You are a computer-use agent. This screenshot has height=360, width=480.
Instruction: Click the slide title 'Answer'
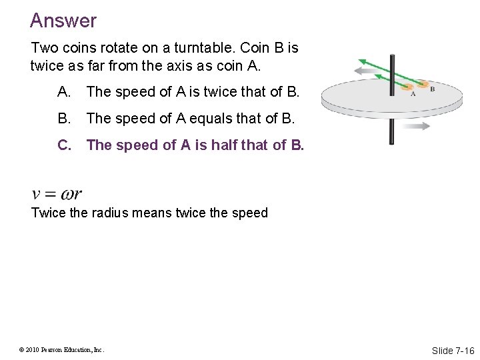point(63,21)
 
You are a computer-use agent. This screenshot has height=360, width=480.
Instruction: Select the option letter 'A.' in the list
point(65,92)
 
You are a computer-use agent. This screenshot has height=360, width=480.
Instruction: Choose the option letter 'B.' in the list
point(65,119)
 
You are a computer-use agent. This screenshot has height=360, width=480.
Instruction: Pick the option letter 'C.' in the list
point(65,145)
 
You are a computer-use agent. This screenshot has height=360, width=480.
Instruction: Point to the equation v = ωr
point(57,194)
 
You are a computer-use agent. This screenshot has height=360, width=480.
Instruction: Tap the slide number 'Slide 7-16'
point(453,351)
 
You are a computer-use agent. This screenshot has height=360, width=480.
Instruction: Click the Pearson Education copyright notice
point(62,349)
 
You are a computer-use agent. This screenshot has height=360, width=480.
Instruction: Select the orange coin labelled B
point(423,85)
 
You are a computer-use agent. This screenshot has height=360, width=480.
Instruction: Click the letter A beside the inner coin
point(413,94)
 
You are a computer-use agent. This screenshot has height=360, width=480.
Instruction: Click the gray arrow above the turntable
point(370,69)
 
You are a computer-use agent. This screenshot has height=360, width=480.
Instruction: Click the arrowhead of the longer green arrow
point(363,59)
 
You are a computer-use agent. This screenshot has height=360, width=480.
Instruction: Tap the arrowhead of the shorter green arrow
point(379,77)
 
